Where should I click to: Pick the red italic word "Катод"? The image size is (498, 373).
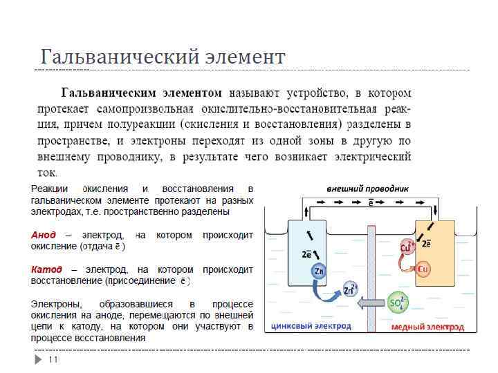click(46, 269)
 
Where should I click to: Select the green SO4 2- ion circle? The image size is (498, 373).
click(398, 303)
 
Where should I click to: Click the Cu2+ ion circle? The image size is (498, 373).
click(407, 247)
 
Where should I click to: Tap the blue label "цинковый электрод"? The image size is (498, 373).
click(311, 326)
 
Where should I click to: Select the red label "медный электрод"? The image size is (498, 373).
click(427, 327)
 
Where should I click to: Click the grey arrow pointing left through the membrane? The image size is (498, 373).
click(370, 303)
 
